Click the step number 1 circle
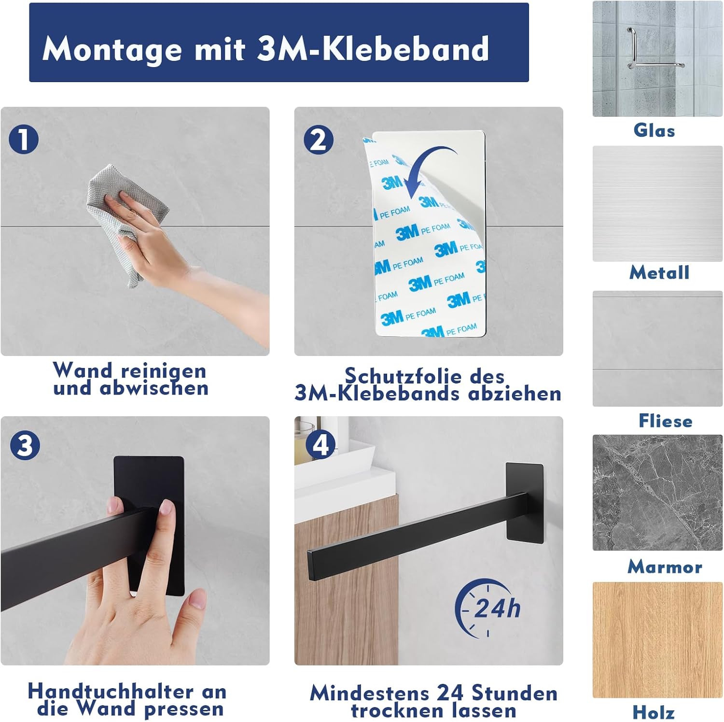(x=24, y=139)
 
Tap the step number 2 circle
(x=319, y=140)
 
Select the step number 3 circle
(x=25, y=445)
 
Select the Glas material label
(x=654, y=130)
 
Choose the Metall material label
(x=659, y=272)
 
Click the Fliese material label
(x=666, y=421)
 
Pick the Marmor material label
(x=665, y=566)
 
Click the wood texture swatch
(x=657, y=640)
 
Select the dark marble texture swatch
(x=657, y=493)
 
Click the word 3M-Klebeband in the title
(x=373, y=49)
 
